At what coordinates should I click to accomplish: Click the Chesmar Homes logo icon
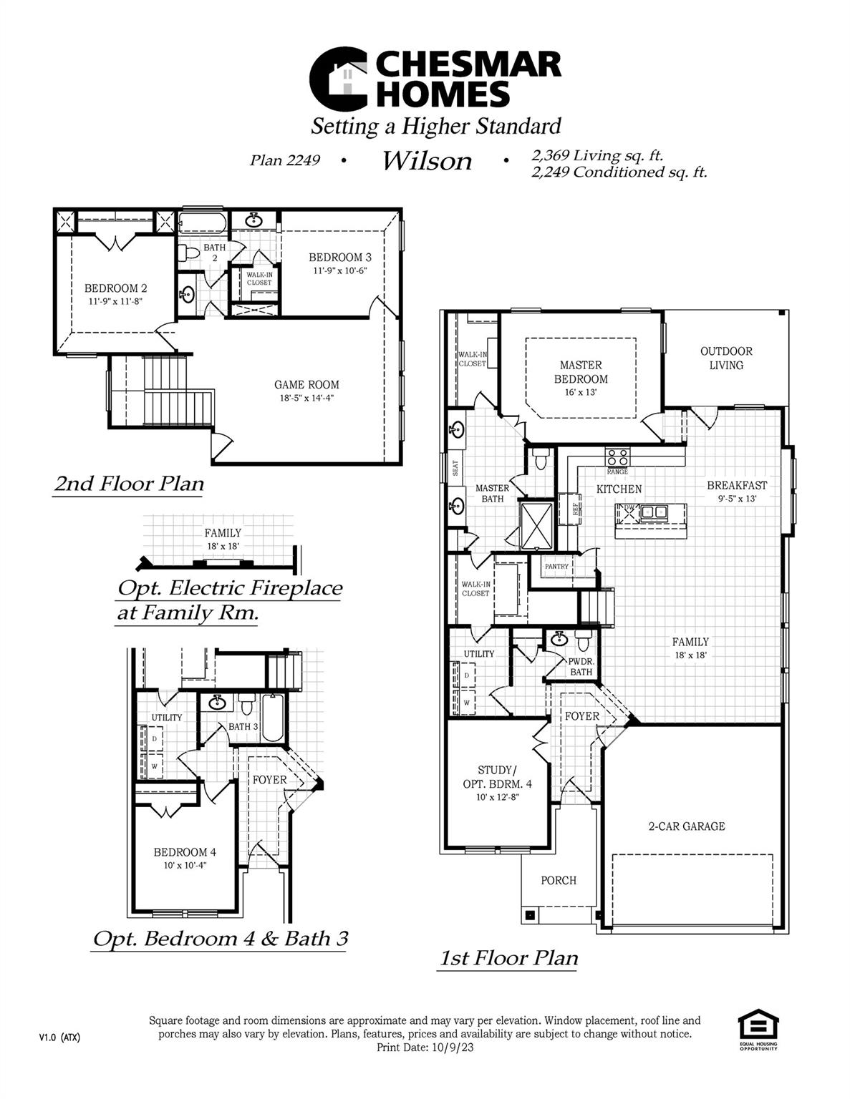tap(338, 79)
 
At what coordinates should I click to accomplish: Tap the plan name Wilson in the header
tap(427, 161)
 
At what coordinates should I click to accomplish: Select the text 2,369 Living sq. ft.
tap(597, 155)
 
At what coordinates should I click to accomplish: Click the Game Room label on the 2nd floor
tap(306, 384)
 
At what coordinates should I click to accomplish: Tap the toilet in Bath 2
tap(190, 253)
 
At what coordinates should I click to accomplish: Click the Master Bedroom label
tap(580, 371)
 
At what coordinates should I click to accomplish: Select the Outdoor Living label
tap(725, 358)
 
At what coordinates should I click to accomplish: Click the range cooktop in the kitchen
tap(617, 457)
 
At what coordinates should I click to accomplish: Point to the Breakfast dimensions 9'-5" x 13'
tap(737, 499)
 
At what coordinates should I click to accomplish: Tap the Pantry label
tap(556, 566)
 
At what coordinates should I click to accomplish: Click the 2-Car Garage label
tap(686, 826)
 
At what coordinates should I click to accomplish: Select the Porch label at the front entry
tap(559, 880)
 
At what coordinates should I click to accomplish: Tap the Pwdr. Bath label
tap(581, 667)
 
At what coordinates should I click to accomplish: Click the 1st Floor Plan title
tap(508, 957)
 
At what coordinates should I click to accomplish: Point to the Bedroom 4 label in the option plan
tap(184, 852)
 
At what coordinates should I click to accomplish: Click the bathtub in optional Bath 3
tap(273, 718)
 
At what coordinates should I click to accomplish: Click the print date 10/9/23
tap(453, 1047)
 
